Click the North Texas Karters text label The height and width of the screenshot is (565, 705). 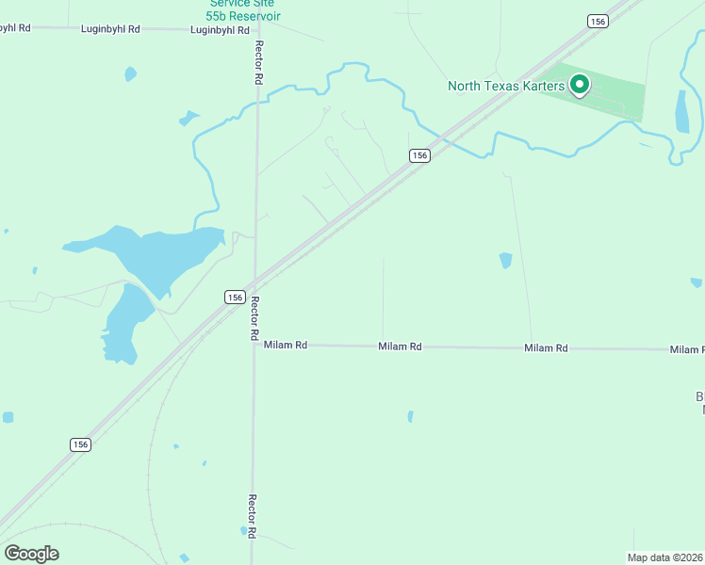(505, 87)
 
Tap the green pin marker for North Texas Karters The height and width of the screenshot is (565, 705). (580, 86)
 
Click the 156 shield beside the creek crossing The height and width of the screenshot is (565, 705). (420, 155)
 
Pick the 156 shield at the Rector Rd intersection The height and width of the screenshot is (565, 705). (236, 297)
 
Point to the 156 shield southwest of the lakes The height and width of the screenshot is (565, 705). (80, 444)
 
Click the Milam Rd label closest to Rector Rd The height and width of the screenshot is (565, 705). (286, 346)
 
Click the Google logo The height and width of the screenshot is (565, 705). (31, 554)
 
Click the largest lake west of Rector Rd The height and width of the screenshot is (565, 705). (151, 252)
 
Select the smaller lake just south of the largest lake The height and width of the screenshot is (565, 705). (125, 322)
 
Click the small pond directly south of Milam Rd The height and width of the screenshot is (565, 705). (410, 416)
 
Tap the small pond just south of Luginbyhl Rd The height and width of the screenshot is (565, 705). (130, 73)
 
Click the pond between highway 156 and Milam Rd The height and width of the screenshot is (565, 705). (506, 260)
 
